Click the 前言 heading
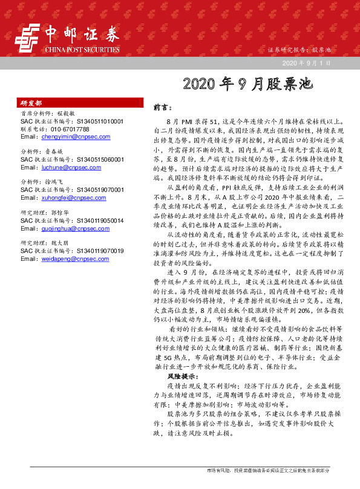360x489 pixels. (x=160, y=107)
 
